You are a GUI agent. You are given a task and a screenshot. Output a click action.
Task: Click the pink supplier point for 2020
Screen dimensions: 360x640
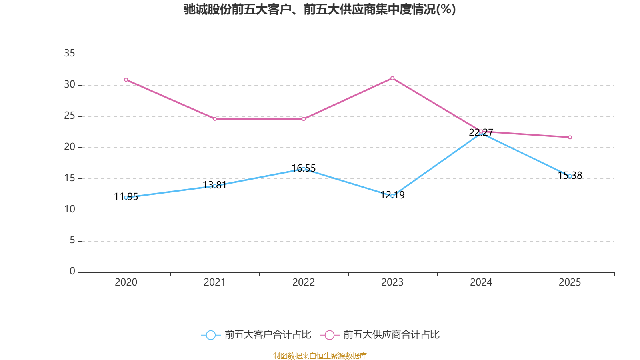126,80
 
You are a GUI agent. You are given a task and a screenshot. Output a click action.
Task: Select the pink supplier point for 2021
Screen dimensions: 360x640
215,119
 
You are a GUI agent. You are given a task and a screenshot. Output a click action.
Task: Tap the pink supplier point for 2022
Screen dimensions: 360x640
304,119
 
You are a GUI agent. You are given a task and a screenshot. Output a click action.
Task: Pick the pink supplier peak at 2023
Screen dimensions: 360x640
392,78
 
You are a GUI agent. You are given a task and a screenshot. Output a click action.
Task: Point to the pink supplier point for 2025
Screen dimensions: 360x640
570,137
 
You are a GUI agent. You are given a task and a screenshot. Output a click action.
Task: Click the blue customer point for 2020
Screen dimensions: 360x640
126,198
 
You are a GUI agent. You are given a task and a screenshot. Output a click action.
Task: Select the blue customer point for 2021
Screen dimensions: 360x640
215,186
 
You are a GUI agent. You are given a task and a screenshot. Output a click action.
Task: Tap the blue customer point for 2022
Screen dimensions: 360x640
304,169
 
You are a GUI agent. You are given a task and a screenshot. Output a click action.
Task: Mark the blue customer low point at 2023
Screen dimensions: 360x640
392,196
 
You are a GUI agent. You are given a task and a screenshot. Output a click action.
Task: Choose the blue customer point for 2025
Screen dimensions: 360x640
570,176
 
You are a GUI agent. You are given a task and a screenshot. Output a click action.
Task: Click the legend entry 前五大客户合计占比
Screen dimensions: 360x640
256,335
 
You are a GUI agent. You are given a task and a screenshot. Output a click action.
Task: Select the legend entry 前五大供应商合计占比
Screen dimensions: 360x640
380,335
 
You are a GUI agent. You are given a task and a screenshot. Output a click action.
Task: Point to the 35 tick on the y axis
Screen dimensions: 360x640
70,53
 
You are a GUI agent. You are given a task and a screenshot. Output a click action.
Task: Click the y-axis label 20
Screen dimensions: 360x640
70,147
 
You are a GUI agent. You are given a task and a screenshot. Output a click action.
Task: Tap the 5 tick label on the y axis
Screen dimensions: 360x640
72,240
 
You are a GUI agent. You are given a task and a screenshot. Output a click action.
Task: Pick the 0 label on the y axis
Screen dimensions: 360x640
72,272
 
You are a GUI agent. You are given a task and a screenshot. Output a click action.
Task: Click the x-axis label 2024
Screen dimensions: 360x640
481,282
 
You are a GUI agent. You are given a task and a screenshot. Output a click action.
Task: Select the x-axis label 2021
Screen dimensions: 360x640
215,282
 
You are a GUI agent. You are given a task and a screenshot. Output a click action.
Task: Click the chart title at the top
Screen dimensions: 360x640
320,9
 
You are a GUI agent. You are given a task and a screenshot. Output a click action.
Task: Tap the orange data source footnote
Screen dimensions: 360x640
320,356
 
